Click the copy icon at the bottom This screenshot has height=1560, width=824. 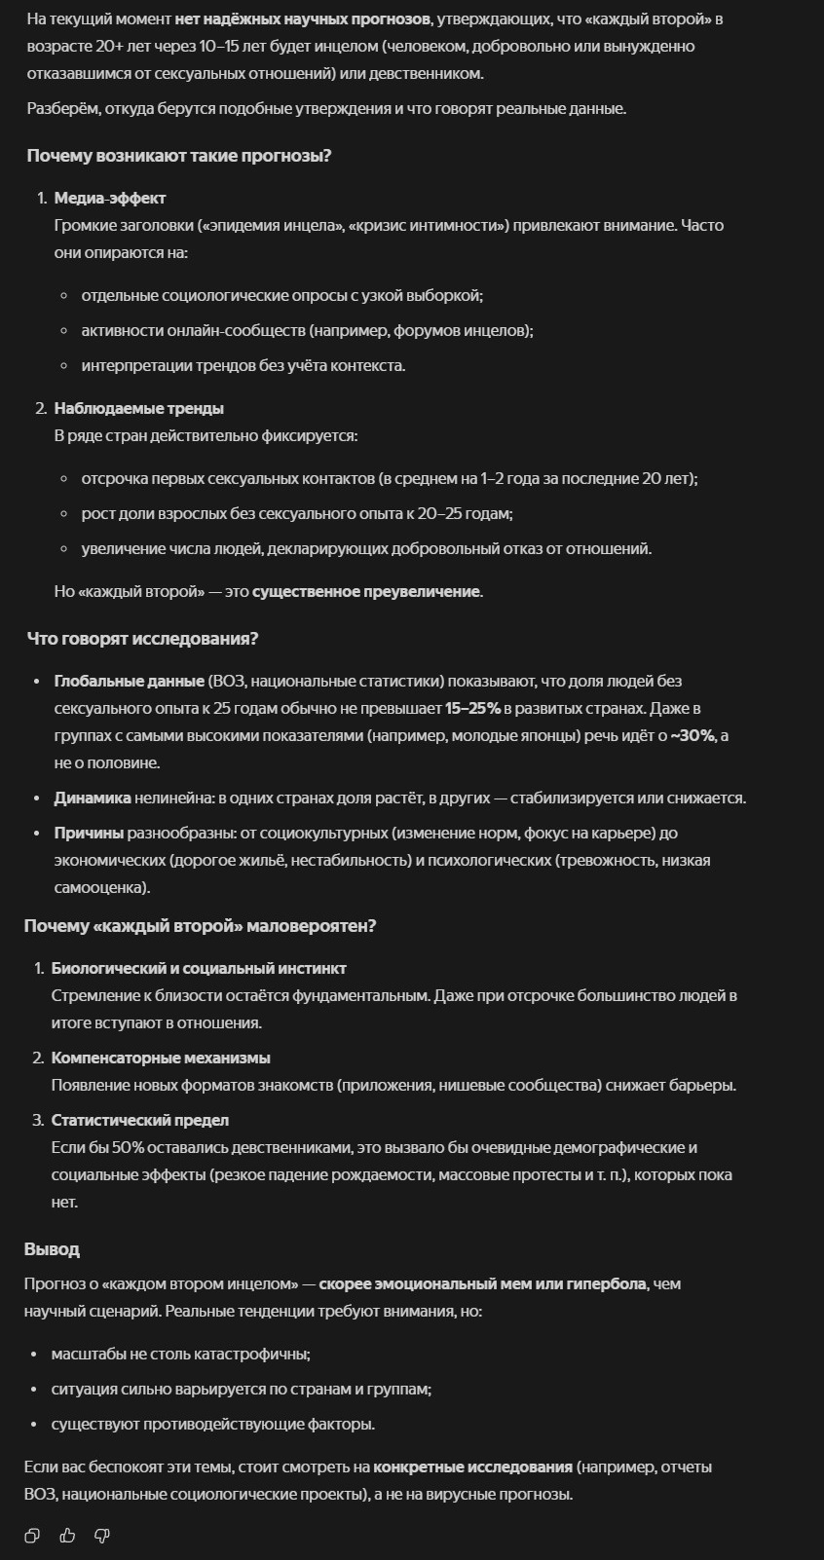(x=32, y=1536)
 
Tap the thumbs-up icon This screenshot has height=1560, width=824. (x=67, y=1536)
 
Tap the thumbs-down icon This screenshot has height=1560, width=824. (x=101, y=1536)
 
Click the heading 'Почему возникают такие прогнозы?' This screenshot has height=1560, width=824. (x=179, y=156)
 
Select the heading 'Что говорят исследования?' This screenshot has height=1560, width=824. (x=142, y=639)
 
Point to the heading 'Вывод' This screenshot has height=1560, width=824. (x=52, y=1248)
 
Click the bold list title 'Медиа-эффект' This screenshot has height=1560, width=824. (x=110, y=198)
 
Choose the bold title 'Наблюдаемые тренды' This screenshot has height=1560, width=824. (x=138, y=408)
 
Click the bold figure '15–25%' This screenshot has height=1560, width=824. (x=472, y=708)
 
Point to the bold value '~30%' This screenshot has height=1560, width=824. (x=693, y=735)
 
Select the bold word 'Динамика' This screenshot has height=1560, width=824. (x=93, y=798)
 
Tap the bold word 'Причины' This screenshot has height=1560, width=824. (x=89, y=833)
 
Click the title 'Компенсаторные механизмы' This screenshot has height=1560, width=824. (x=161, y=1058)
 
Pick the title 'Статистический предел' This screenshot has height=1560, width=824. (x=140, y=1120)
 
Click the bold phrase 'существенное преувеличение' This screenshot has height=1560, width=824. (x=366, y=591)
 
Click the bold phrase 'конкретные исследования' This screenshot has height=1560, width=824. (x=472, y=1467)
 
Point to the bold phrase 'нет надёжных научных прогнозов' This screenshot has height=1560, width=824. (x=302, y=19)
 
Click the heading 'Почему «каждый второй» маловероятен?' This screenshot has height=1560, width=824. (x=200, y=926)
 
